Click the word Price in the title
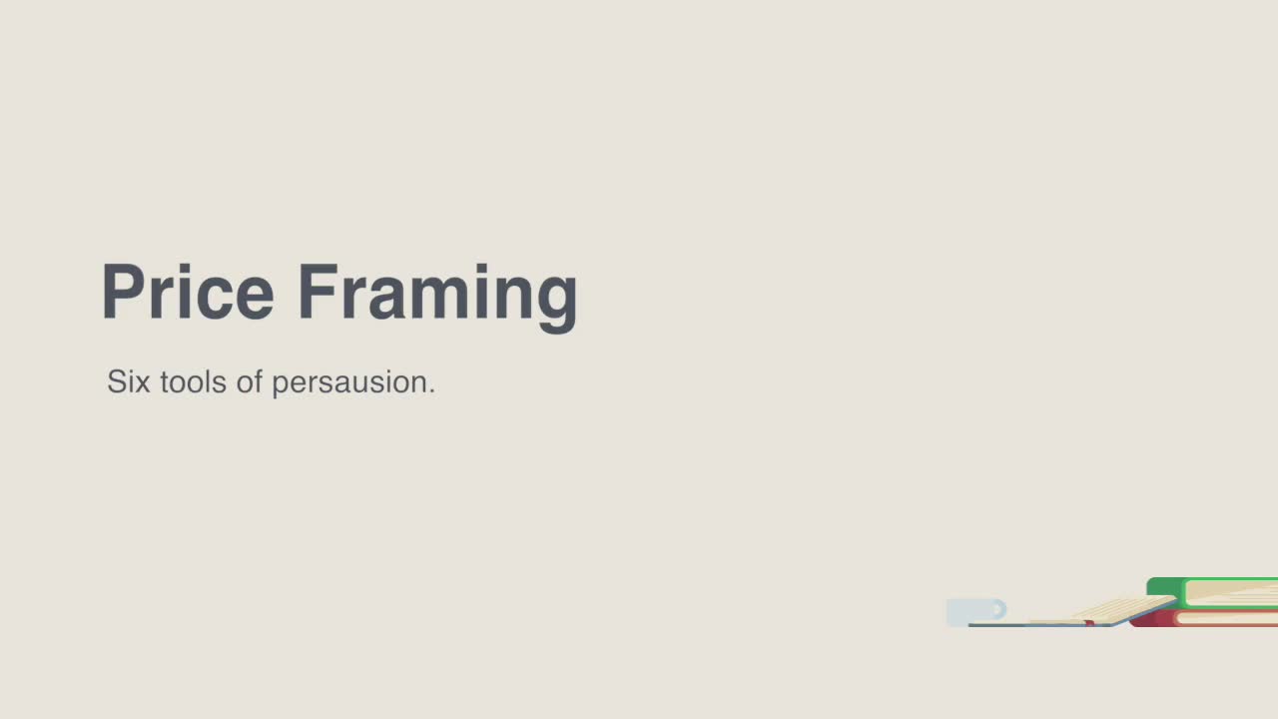[188, 293]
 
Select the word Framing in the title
[437, 298]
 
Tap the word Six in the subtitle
[129, 381]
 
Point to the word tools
[194, 381]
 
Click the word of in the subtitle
[250, 380]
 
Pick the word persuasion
[349, 382]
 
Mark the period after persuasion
[432, 390]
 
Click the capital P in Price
[122, 292]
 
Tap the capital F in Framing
[319, 292]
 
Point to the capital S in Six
[117, 381]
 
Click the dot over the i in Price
[184, 269]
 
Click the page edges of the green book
[1232, 593]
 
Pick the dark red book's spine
[1152, 618]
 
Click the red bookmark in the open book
[1089, 623]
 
